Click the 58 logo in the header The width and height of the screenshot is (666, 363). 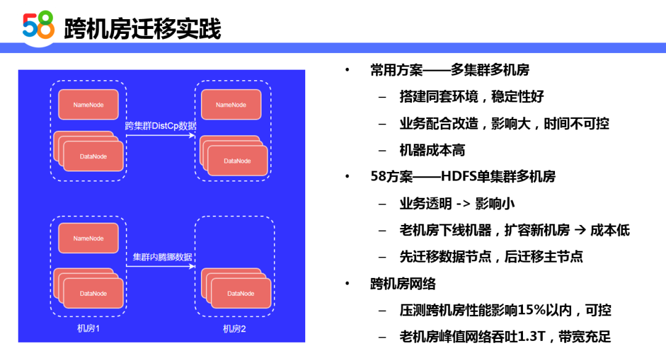39,27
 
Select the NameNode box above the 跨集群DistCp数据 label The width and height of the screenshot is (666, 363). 88,105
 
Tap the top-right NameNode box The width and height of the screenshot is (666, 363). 231,105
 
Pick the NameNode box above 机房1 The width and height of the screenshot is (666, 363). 88,239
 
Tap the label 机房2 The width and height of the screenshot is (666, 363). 234,328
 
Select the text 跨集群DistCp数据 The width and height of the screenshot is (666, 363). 160,126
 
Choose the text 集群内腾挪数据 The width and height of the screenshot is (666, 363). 162,257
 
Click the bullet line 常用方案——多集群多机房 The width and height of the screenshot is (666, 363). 450,70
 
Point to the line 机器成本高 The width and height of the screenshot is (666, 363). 432,150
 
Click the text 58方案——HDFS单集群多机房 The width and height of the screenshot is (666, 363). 462,177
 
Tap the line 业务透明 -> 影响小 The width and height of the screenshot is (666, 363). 457,203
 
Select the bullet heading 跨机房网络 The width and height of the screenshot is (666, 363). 403,283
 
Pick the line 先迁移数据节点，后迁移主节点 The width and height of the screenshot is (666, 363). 491,257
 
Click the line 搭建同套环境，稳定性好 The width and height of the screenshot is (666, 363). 471,97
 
